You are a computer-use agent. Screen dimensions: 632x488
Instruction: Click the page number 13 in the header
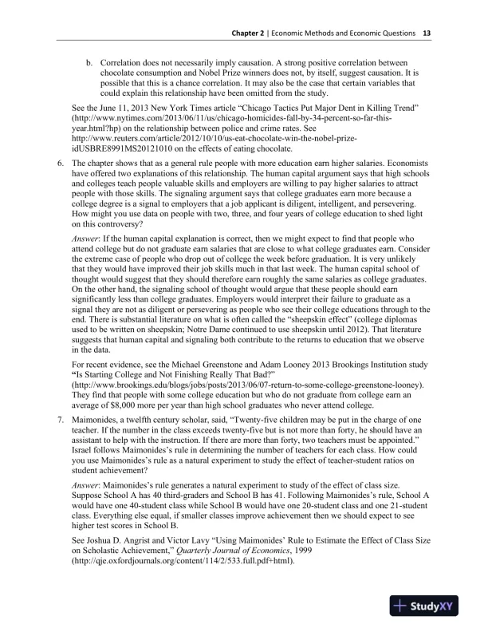click(427, 34)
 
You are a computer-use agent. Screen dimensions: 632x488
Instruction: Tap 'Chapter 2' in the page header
click(250, 34)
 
